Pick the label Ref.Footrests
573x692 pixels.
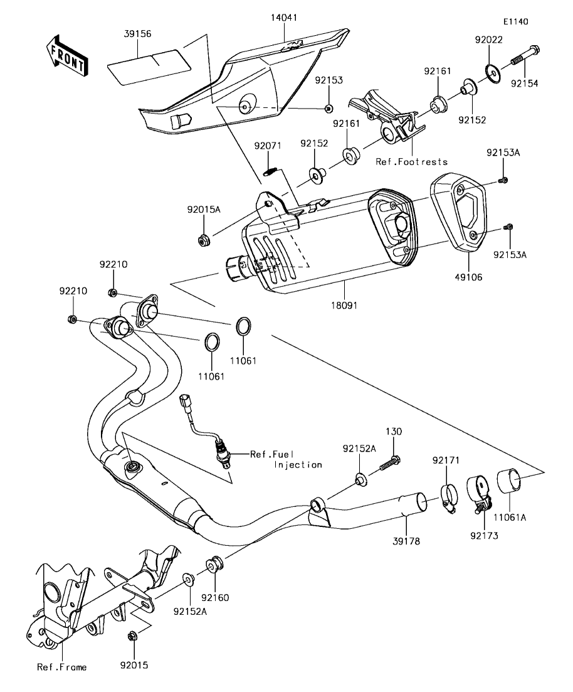(412, 162)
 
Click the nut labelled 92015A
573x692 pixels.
(203, 240)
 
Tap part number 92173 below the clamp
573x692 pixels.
(483, 537)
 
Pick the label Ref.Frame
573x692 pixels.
(61, 667)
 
